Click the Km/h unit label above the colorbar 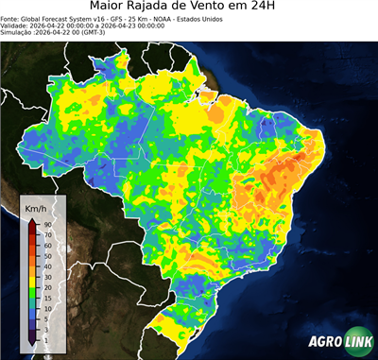37,207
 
